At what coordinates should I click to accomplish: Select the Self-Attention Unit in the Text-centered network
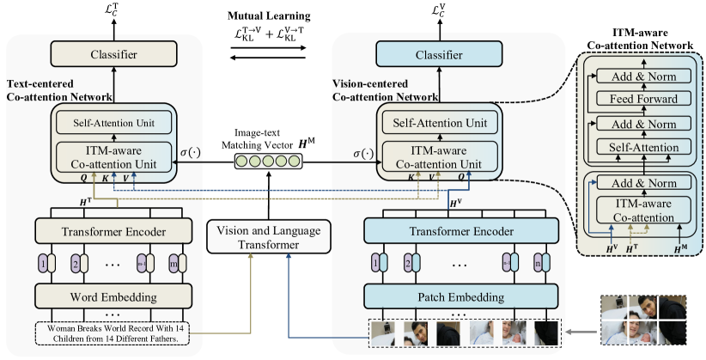109,122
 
